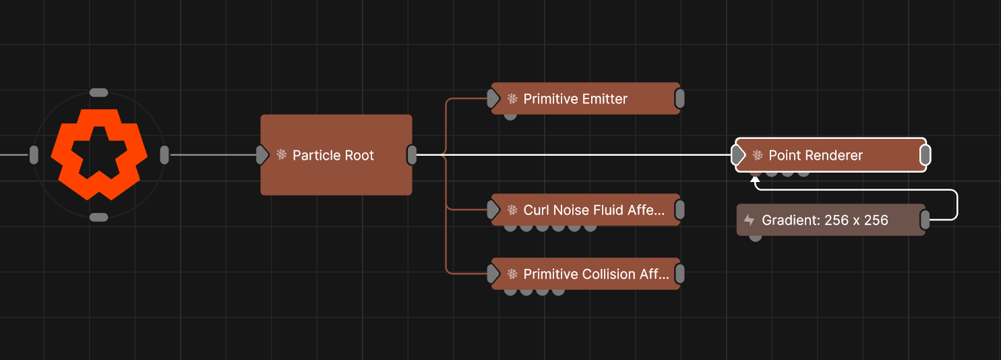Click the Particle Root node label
(333, 156)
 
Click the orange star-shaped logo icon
(99, 154)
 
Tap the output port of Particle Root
(412, 155)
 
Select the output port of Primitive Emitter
(679, 98)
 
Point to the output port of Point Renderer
(926, 155)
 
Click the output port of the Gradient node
(925, 220)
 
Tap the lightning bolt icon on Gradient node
(749, 220)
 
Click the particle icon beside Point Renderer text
(758, 156)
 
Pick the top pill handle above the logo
(99, 92)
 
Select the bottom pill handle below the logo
(99, 217)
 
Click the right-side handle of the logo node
(164, 155)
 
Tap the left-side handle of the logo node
(34, 155)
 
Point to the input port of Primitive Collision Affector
(493, 274)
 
